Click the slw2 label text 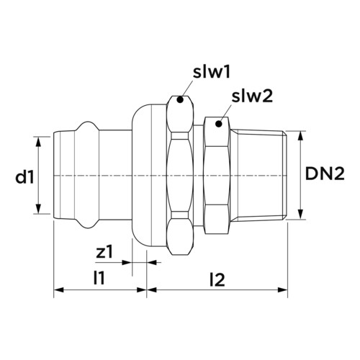click(252, 96)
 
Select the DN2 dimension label click(325, 174)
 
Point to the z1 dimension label click(104, 252)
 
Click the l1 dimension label click(99, 278)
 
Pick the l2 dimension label click(217, 279)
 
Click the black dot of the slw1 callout click(180, 100)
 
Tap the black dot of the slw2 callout click(218, 124)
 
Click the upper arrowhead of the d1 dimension click(38, 141)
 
